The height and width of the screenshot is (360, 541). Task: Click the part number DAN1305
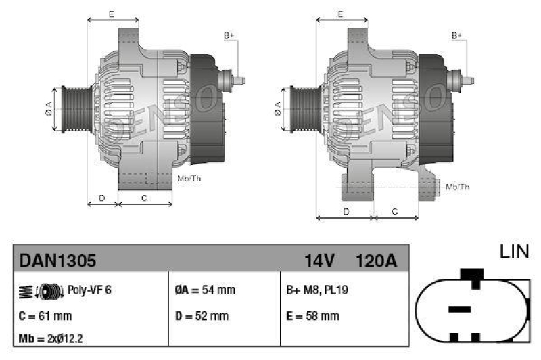click(57, 260)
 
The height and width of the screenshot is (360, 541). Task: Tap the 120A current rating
click(375, 260)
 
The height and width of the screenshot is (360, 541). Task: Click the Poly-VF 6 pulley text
click(89, 290)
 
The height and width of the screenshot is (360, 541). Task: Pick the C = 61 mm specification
click(45, 315)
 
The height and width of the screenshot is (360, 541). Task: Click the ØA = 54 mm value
click(205, 290)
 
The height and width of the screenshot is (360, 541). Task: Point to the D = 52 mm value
click(202, 315)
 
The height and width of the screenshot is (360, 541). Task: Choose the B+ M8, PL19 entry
click(317, 290)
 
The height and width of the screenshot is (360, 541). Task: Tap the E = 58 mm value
click(312, 315)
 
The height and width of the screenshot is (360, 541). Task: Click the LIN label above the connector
click(513, 252)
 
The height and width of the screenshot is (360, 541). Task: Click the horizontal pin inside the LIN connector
click(460, 309)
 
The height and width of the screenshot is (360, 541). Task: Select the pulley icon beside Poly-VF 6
click(47, 290)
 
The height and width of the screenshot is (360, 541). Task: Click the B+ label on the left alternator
click(229, 35)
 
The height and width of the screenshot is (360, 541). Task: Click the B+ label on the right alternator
click(457, 35)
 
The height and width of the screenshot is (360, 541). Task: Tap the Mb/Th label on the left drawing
click(188, 179)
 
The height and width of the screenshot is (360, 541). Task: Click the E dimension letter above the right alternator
click(340, 14)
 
